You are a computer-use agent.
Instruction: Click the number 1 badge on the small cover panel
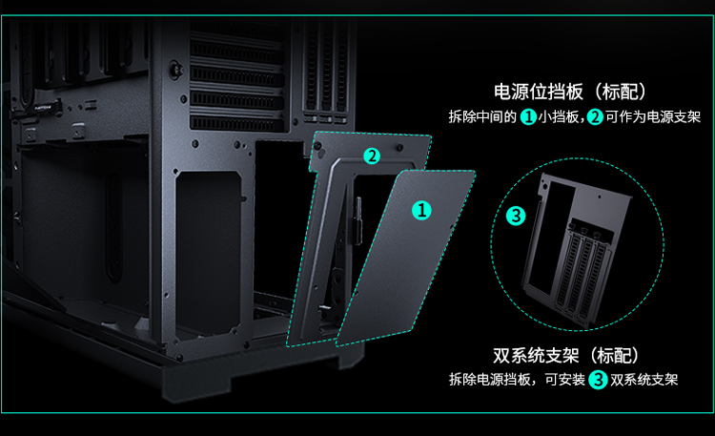(x=421, y=211)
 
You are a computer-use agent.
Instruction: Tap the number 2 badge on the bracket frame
(x=372, y=156)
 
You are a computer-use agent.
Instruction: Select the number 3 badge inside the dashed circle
(x=516, y=216)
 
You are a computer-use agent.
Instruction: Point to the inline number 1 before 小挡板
(x=528, y=117)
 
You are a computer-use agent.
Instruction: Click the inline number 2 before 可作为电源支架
(x=595, y=117)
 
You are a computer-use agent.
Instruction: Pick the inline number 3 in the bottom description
(x=598, y=380)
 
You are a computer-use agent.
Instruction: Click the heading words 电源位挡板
(x=539, y=92)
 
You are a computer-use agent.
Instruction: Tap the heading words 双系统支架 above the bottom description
(x=536, y=355)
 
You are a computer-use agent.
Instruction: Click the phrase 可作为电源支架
(x=653, y=117)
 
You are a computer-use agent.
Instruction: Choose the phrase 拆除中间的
(x=482, y=117)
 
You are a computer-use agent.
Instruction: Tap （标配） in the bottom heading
(x=613, y=355)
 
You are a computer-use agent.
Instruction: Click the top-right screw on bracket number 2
(x=399, y=148)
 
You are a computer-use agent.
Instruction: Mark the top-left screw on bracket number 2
(x=317, y=146)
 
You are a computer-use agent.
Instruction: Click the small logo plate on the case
(x=43, y=109)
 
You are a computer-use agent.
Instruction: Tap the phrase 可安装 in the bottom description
(x=564, y=380)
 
